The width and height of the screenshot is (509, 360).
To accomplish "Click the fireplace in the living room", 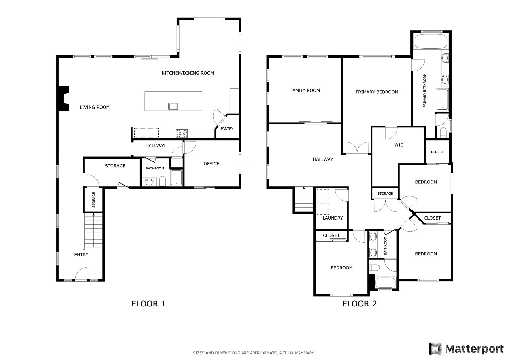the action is tap(64, 98).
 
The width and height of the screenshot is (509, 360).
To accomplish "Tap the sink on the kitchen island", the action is tap(173, 106).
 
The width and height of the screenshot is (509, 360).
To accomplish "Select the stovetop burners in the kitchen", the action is tap(182, 134).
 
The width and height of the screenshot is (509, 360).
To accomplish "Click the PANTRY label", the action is tap(227, 129).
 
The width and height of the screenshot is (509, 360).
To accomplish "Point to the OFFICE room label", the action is tap(211, 164).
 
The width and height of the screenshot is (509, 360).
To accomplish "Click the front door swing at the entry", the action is tap(81, 274).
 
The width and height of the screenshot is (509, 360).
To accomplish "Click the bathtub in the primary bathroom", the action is tap(431, 41).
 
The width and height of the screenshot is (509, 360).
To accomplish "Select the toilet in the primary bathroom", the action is tap(443, 133).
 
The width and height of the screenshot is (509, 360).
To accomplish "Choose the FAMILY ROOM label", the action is tap(305, 91).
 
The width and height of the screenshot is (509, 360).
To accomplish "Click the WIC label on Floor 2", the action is tap(399, 145).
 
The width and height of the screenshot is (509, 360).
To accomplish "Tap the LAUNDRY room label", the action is tap(333, 218).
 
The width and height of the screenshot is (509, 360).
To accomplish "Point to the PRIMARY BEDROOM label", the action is tap(377, 92).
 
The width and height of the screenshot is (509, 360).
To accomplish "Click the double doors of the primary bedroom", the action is tap(357, 148).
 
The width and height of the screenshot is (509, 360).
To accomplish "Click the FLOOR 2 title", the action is tap(360, 304).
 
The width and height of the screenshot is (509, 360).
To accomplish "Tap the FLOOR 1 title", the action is tap(149, 304).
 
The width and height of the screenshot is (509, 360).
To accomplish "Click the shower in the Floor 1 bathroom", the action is tap(176, 178).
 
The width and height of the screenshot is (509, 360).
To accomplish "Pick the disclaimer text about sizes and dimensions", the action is tap(254, 353).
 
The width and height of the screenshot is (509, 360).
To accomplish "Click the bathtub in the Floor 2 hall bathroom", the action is tap(385, 283).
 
